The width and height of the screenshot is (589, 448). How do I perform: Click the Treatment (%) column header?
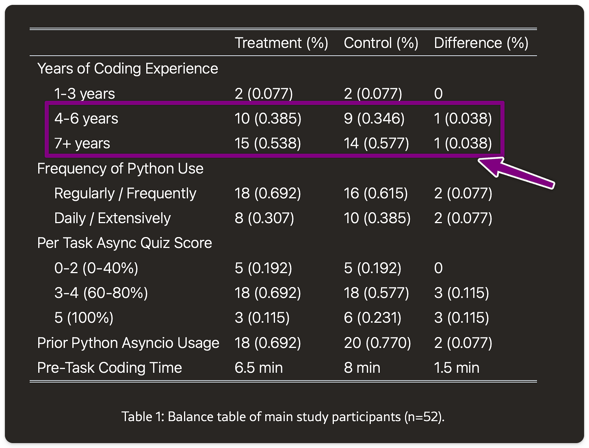(x=281, y=43)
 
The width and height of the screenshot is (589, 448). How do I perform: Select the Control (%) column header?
(x=381, y=43)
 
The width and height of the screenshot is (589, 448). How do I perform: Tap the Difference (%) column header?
(x=481, y=43)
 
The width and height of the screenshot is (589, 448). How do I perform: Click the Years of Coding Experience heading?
(x=128, y=69)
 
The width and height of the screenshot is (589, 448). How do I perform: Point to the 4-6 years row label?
(x=86, y=119)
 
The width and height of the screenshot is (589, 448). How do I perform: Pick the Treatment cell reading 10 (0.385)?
(x=268, y=119)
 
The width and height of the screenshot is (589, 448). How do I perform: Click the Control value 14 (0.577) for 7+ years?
(x=376, y=144)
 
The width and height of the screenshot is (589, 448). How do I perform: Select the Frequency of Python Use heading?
(x=120, y=169)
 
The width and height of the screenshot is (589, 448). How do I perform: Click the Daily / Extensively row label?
(x=112, y=218)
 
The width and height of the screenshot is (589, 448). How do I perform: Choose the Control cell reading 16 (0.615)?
(x=375, y=194)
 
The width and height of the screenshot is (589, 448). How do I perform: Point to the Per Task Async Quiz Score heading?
(x=124, y=243)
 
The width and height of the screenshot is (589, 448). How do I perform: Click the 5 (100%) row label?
(x=84, y=318)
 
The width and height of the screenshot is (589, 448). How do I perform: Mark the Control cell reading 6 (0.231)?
(x=372, y=318)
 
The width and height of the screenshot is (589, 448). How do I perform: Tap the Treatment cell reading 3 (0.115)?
(x=262, y=318)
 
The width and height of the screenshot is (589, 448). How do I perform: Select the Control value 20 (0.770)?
(x=377, y=343)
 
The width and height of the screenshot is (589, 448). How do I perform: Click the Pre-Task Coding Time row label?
(x=109, y=368)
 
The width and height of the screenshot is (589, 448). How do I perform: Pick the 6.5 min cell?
(x=258, y=368)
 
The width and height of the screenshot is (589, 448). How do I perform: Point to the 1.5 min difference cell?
(x=456, y=368)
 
